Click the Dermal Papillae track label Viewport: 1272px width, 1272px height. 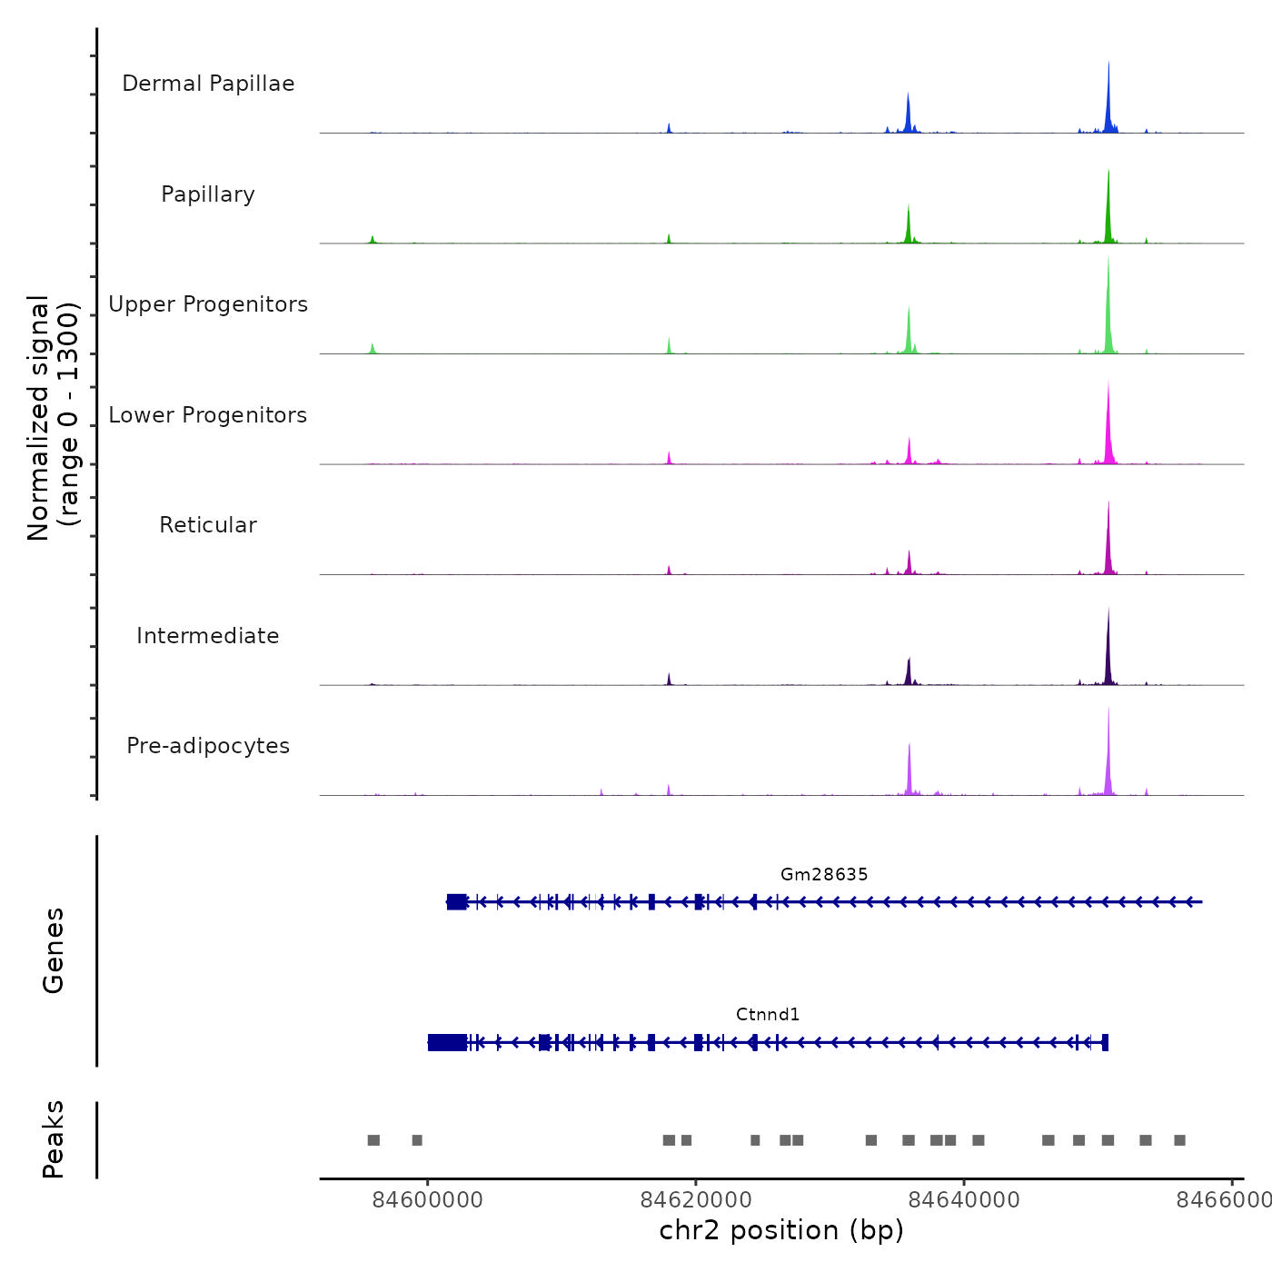(x=208, y=84)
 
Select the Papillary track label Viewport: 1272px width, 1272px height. (x=208, y=194)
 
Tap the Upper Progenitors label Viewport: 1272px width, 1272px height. (x=208, y=304)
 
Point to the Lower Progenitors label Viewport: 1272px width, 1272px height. (x=208, y=415)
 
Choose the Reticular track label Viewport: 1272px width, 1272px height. (x=208, y=525)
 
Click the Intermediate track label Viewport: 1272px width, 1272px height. (x=208, y=636)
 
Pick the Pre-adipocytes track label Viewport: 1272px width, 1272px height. (x=208, y=746)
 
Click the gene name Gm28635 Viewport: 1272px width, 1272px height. (x=824, y=874)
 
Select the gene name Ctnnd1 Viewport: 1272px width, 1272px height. (x=768, y=1014)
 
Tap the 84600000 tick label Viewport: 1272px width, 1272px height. (x=428, y=1199)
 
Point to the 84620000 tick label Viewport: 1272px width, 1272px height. (x=696, y=1199)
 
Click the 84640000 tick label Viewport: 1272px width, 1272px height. (x=964, y=1199)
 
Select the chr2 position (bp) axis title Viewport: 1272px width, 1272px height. (x=781, y=1230)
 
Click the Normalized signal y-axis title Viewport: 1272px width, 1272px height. (x=53, y=418)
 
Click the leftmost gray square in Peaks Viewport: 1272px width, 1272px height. (x=373, y=1140)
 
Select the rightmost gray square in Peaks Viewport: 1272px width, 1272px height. (x=1179, y=1140)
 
